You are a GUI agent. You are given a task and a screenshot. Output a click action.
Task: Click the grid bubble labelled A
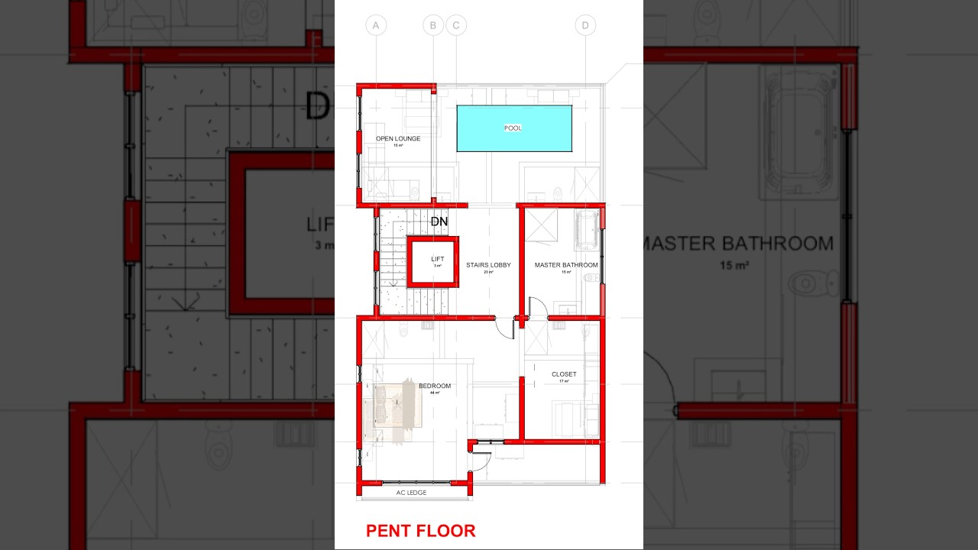pos(376,26)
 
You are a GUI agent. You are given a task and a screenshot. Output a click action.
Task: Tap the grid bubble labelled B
pos(433,26)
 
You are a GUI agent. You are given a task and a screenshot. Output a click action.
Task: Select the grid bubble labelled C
pos(456,26)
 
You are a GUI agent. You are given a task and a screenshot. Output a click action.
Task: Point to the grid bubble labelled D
pos(585,26)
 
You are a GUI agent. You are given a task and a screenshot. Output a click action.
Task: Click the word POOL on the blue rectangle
pos(513,128)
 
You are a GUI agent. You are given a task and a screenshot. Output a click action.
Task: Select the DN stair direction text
pos(439,222)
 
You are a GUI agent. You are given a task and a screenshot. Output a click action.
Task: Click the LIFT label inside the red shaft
pos(437,259)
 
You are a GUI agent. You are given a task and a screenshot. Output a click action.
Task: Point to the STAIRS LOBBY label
pos(488,265)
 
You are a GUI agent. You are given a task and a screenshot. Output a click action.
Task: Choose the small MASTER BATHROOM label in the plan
pos(566,265)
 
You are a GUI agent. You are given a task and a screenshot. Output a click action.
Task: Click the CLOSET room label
pos(564,374)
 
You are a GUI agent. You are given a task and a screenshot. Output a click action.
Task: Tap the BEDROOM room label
pos(435,386)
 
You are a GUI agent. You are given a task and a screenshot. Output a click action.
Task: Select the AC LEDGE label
pos(411,493)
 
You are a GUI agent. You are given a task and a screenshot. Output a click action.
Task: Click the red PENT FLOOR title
pos(420,531)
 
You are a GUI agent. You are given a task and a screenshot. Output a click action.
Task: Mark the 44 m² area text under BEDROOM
pos(435,393)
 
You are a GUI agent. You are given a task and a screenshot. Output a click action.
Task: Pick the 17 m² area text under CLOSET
pos(564,381)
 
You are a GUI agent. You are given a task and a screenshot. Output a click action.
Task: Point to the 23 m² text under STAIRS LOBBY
pos(488,272)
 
